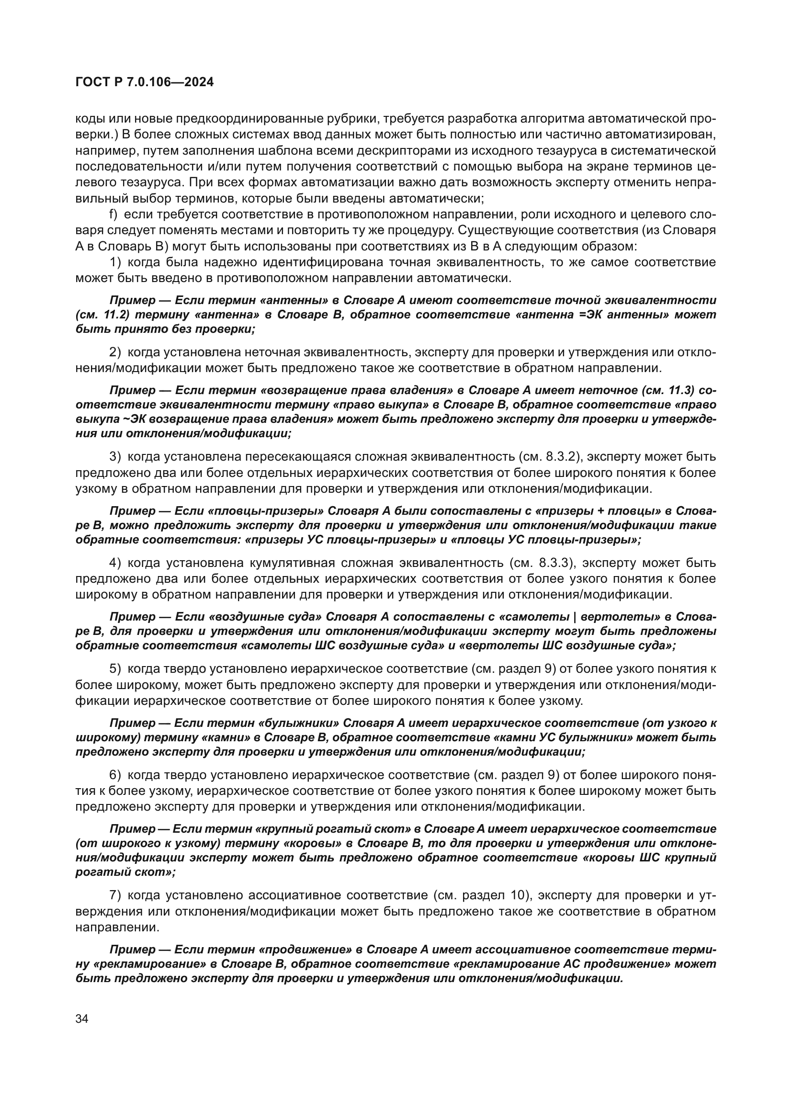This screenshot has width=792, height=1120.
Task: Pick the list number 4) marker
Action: tap(114, 563)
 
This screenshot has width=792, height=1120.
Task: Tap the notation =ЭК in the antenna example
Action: tap(584, 315)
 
